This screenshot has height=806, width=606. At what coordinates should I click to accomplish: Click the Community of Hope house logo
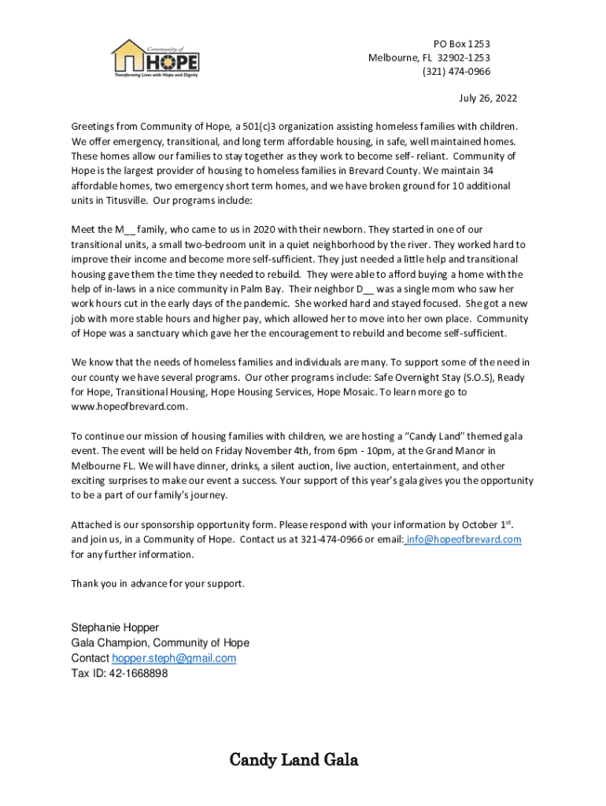pos(155,58)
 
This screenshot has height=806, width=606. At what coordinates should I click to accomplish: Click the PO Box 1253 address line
pos(462,44)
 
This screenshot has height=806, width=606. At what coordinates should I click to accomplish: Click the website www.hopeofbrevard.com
pos(129,407)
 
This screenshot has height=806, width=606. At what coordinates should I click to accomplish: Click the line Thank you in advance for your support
pos(158,583)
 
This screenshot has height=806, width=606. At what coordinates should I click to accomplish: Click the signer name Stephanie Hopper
pos(115,627)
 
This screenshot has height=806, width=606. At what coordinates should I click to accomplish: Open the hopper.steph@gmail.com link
pos(174,658)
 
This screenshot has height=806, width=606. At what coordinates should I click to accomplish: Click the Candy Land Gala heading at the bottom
pos(294,760)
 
